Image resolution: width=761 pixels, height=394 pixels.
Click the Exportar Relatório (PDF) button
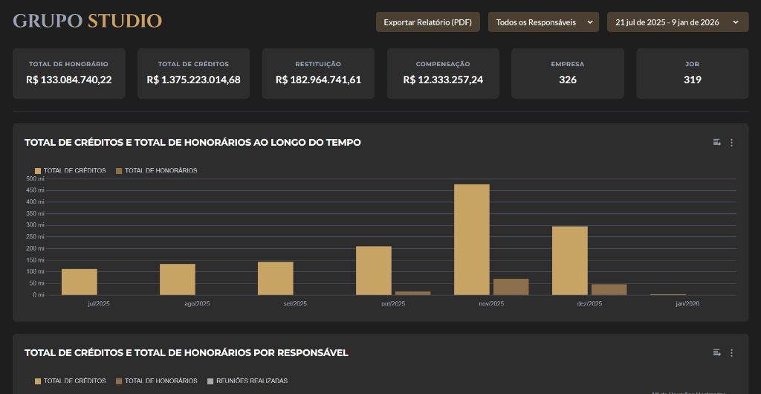[x=427, y=22]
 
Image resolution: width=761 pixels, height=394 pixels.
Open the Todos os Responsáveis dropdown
[x=543, y=22]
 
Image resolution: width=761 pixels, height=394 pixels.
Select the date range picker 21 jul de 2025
[x=677, y=22]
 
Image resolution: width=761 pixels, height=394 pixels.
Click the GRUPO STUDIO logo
[x=88, y=21]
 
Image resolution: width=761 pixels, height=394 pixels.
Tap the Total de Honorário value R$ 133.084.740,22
[x=68, y=80]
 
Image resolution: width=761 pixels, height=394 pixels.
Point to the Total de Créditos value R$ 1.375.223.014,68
[x=193, y=80]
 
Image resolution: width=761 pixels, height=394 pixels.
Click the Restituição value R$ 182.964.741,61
[x=318, y=80]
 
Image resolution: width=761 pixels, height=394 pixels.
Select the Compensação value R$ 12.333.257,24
[x=443, y=80]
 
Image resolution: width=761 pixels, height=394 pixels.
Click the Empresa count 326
[x=568, y=80]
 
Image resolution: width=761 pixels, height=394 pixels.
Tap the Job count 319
[x=692, y=80]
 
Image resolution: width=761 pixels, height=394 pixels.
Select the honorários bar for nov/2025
[x=511, y=287]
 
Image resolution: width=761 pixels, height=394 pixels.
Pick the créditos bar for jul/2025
[x=80, y=282]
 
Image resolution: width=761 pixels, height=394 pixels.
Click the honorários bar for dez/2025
[x=609, y=289]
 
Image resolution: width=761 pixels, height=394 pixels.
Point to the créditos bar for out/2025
[x=374, y=271]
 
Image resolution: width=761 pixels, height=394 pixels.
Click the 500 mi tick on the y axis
[x=36, y=178]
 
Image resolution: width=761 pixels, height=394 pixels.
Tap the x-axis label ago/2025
[x=177, y=303]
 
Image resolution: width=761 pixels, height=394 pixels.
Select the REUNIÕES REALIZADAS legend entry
[x=247, y=381]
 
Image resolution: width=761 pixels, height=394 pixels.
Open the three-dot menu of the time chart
[x=731, y=143]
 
